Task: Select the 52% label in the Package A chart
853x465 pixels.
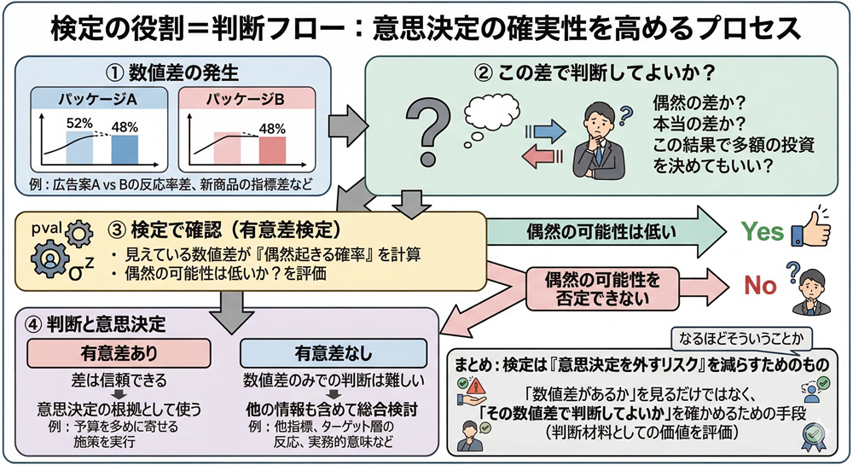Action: click(79, 124)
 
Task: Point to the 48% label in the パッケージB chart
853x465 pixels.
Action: click(272, 128)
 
